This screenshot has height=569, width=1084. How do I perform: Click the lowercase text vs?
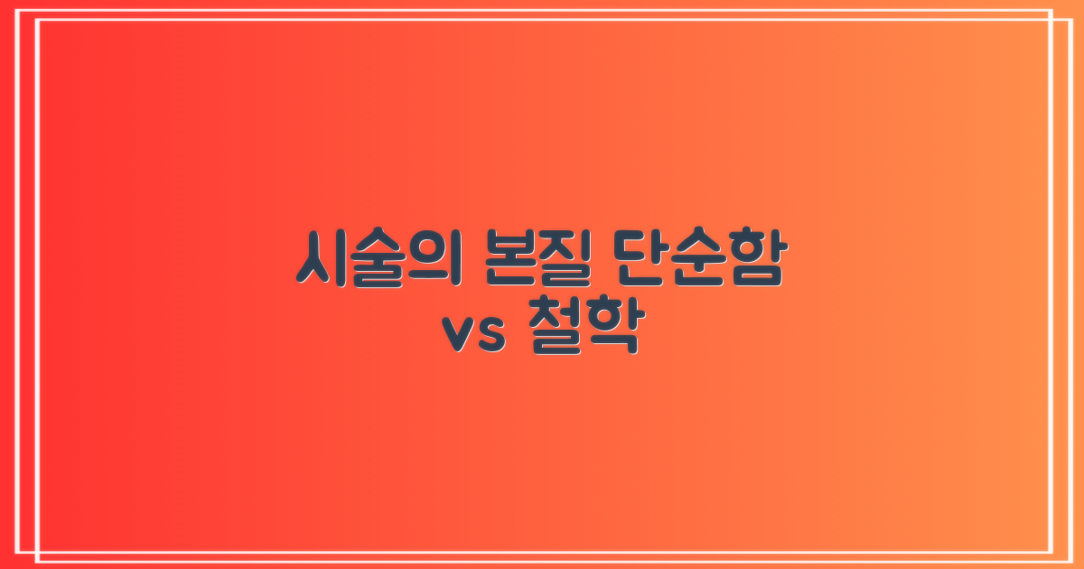tap(472, 336)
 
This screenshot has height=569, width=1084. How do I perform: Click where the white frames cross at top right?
tap(1052, 19)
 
